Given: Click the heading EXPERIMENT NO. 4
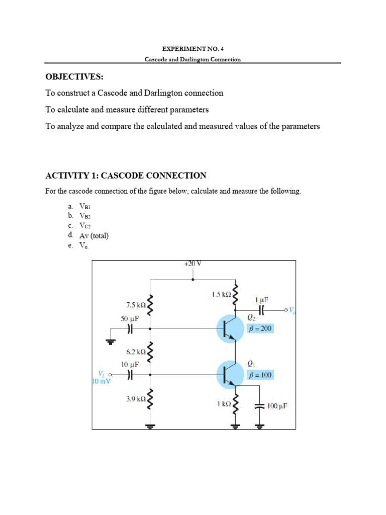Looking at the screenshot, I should (192, 49).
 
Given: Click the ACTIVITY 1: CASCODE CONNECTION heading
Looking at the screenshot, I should (126, 176).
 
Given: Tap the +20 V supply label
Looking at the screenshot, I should (193, 264).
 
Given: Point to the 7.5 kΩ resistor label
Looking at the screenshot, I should (136, 305).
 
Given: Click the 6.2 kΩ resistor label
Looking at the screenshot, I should (136, 352).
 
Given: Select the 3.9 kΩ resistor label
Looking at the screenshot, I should (136, 399).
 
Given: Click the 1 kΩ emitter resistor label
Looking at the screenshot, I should (224, 403).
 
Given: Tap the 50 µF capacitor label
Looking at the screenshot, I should (130, 319).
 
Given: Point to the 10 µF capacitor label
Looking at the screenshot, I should (130, 364).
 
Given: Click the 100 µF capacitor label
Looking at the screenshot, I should (277, 405).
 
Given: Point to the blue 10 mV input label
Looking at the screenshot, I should (101, 381).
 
